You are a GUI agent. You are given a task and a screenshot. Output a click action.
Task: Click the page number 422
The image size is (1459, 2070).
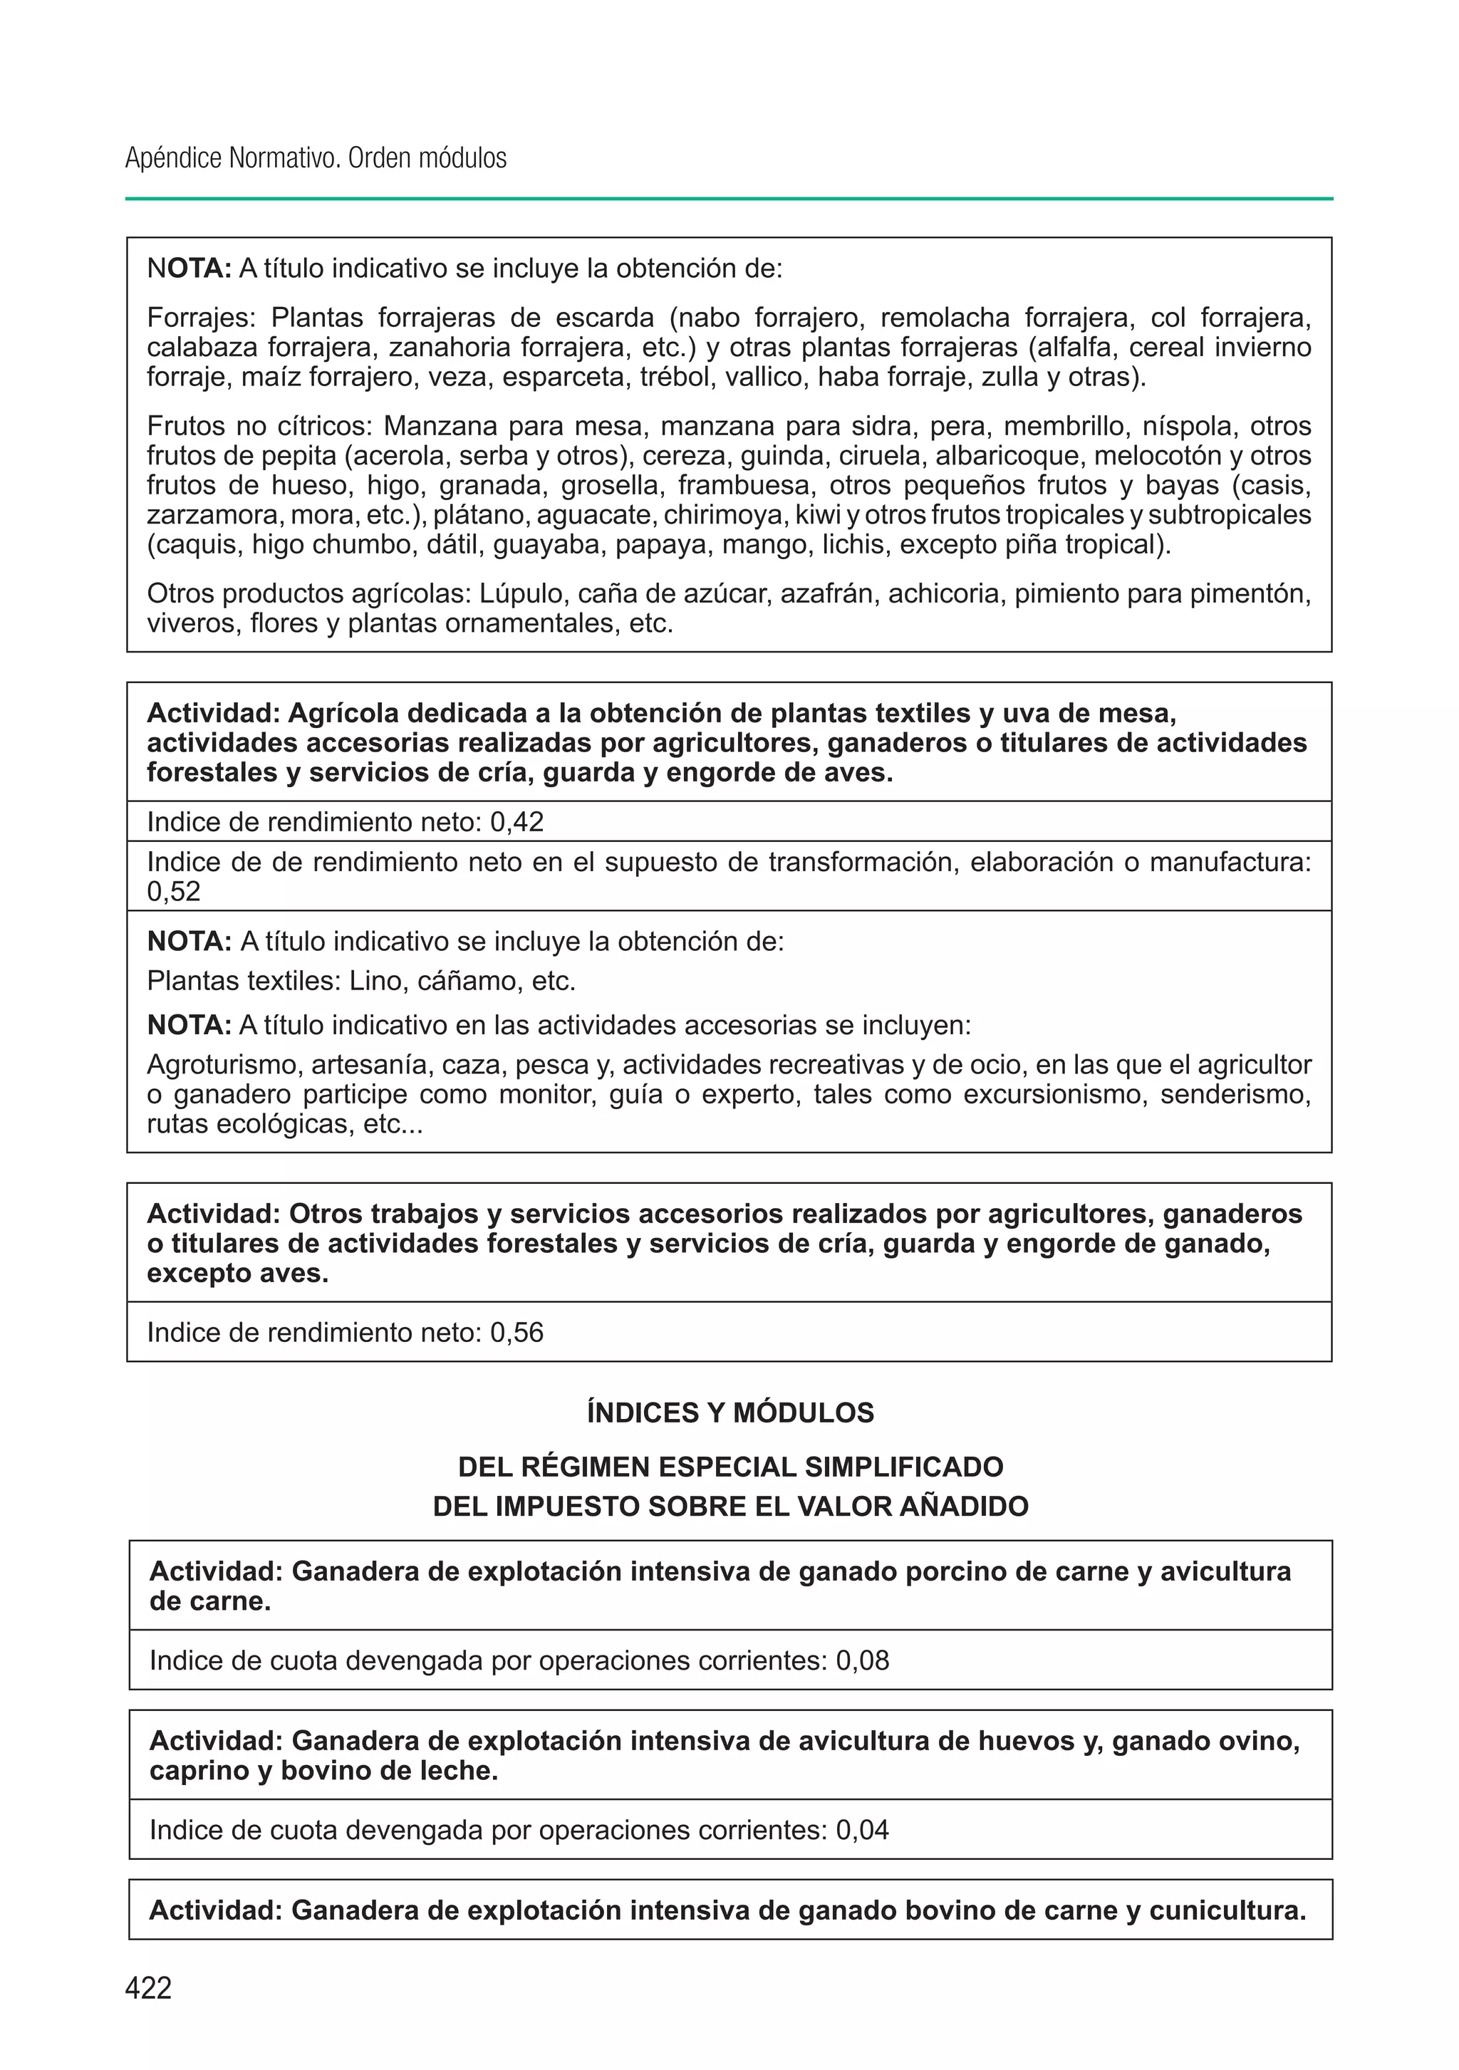coord(149,1987)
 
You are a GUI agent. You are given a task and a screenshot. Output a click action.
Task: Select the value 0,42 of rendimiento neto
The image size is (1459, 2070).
coord(516,821)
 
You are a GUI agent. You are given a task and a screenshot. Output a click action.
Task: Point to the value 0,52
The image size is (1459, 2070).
coord(173,892)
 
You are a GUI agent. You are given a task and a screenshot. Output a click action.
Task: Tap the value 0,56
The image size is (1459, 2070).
coord(516,1333)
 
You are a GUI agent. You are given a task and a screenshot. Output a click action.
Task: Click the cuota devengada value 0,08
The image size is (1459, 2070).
coord(862,1660)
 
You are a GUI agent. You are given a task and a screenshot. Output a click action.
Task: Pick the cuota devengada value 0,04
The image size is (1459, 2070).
coord(862,1829)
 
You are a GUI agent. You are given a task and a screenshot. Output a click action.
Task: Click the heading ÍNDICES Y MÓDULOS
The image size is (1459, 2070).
coord(729,1412)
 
